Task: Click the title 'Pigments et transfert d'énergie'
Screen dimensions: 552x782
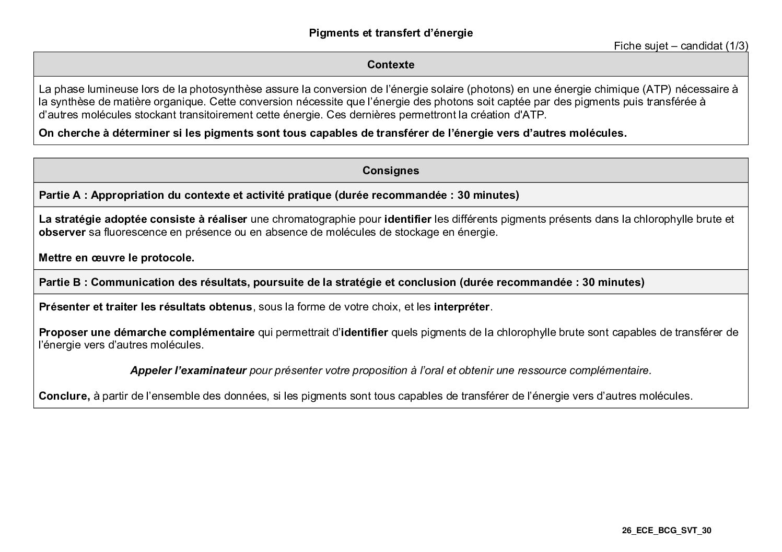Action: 391,33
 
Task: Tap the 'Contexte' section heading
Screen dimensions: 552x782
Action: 391,65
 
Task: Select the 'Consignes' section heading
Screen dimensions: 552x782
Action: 391,171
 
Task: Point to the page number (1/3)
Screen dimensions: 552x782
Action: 737,46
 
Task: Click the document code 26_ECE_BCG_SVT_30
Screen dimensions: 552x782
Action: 667,531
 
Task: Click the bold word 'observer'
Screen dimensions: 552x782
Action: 62,232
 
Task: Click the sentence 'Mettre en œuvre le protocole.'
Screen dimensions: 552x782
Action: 116,258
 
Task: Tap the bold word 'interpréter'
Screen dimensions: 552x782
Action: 462,307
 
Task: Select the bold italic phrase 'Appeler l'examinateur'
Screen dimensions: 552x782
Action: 188,370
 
